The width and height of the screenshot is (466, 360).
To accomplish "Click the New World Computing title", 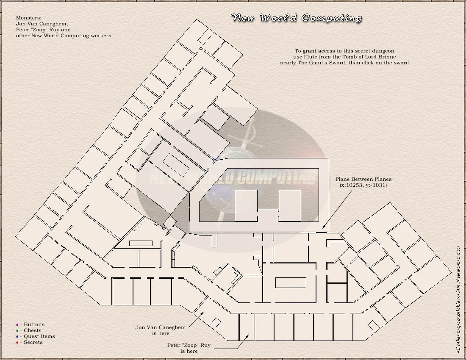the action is pyautogui.click(x=296, y=18).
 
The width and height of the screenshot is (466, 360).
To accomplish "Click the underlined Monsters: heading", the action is pyautogui.click(x=29, y=18).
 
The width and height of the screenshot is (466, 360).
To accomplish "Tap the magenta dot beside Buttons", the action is pyautogui.click(x=17, y=325).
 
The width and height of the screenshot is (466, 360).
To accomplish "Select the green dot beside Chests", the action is pyautogui.click(x=17, y=331).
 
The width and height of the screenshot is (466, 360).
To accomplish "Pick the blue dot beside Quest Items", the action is pyautogui.click(x=17, y=337).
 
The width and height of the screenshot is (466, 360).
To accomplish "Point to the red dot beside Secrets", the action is pyautogui.click(x=17, y=343).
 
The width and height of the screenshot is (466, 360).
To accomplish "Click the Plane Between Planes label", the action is pyautogui.click(x=363, y=179).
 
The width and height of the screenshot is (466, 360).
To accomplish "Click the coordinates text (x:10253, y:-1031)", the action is pyautogui.click(x=363, y=186).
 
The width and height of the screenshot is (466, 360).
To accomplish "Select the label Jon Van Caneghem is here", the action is pyautogui.click(x=161, y=330).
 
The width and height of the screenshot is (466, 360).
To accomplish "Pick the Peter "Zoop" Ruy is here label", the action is pyautogui.click(x=189, y=348).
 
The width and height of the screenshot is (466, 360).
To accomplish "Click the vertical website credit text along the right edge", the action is pyautogui.click(x=458, y=299).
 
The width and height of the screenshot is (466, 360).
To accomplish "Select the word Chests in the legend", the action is pyautogui.click(x=33, y=330).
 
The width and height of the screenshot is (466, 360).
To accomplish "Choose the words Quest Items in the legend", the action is pyautogui.click(x=39, y=336).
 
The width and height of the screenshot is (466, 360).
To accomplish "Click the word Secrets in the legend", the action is pyautogui.click(x=33, y=342).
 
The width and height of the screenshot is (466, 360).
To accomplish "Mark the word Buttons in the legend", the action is pyautogui.click(x=34, y=324).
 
